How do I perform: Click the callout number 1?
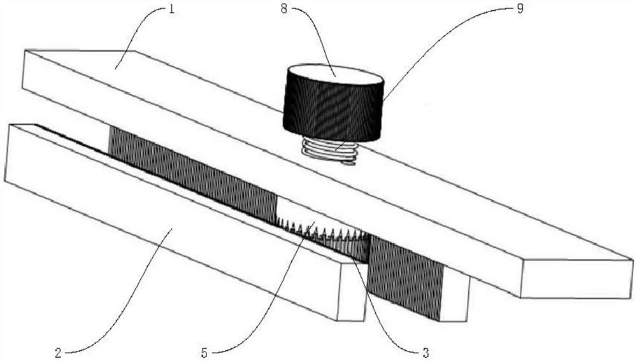[171, 10]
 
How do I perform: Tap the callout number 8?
[284, 10]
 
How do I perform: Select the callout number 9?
[520, 10]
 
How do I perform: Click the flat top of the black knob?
[335, 75]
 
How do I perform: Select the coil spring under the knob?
[330, 150]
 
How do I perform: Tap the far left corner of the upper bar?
[25, 50]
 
